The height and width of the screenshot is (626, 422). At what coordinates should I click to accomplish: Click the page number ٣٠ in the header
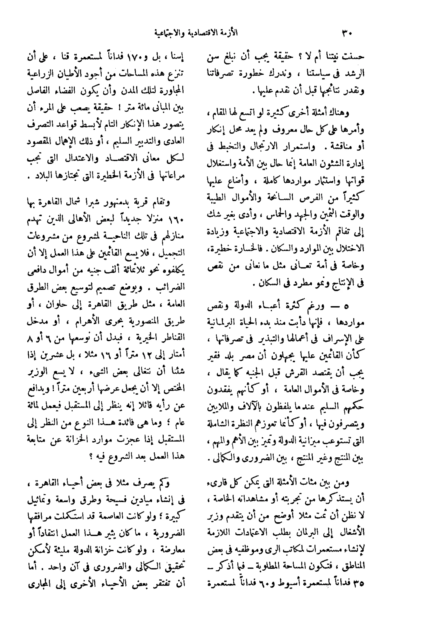click(347, 33)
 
